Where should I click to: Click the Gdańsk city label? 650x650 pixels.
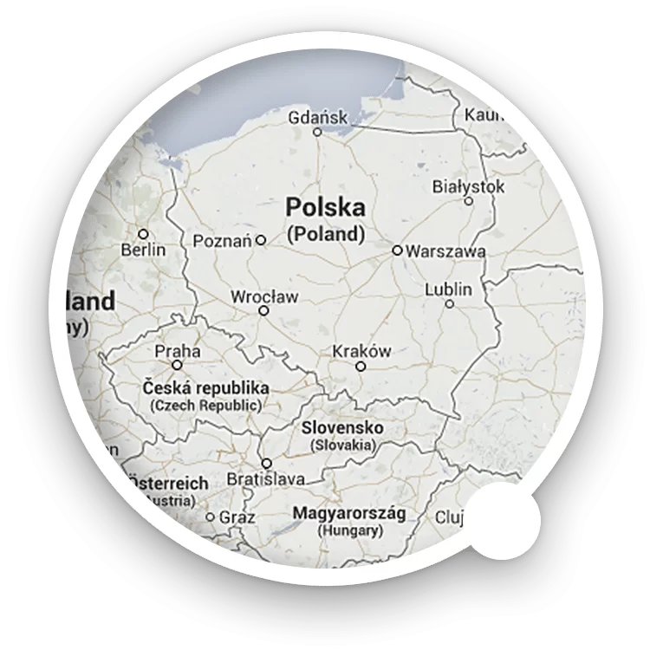(318, 116)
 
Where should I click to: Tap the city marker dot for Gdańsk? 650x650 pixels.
(317, 133)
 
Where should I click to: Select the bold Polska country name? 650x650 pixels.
(325, 208)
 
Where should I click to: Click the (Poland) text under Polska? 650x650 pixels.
(325, 234)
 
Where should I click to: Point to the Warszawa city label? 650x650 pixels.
(445, 251)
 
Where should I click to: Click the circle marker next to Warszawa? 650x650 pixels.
(396, 250)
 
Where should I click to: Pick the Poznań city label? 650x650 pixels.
(223, 240)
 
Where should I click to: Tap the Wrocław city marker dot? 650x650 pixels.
(264, 310)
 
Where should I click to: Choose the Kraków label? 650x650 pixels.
(361, 351)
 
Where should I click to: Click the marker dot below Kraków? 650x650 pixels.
(361, 367)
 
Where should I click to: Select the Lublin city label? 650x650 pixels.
(449, 289)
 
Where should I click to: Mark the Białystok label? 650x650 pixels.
(468, 185)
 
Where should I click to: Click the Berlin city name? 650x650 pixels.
(143, 250)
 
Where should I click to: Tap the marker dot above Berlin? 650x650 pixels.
(143, 234)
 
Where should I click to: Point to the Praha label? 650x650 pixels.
(177, 351)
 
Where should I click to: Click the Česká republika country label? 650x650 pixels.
(205, 388)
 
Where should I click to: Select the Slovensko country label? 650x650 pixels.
(342, 429)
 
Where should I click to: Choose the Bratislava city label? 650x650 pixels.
(265, 479)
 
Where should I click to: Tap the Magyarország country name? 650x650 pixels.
(348, 512)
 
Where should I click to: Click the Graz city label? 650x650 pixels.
(237, 517)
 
